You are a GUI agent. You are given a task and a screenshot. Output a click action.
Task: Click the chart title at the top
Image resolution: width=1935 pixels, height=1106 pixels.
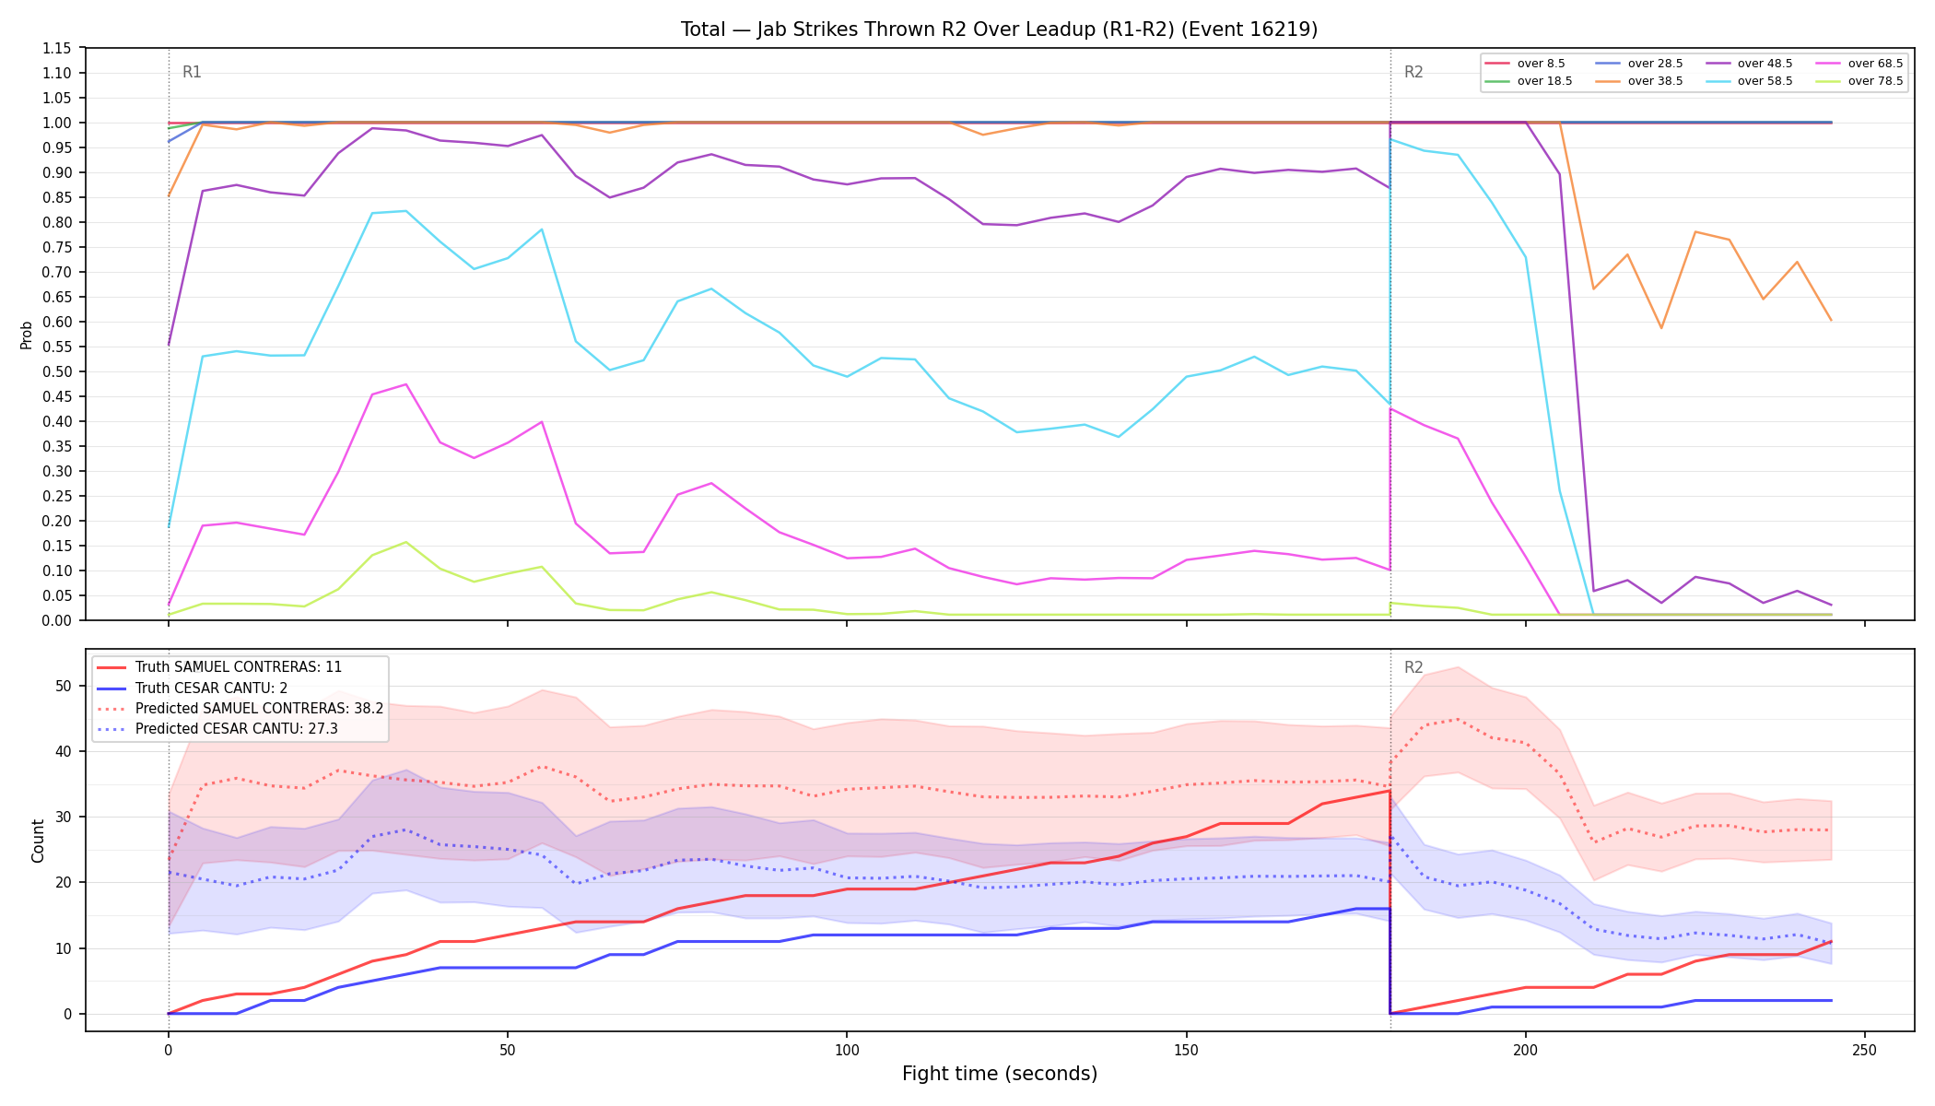(x=999, y=29)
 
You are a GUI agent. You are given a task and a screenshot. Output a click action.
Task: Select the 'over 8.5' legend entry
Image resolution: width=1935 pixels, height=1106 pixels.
(x=1525, y=64)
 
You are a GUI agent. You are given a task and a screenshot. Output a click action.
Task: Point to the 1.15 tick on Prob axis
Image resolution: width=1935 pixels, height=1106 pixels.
(x=57, y=48)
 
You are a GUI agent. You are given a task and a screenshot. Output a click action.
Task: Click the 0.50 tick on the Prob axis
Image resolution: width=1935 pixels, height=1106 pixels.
(x=57, y=371)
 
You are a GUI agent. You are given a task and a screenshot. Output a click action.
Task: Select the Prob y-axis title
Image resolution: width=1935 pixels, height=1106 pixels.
(x=26, y=335)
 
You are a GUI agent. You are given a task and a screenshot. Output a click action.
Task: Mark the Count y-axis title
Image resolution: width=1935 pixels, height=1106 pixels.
(x=38, y=841)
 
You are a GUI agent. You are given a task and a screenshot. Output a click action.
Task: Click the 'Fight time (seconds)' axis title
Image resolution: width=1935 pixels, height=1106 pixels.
(x=1000, y=1074)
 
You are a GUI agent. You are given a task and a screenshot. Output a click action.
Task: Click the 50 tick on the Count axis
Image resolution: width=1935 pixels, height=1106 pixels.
(x=64, y=686)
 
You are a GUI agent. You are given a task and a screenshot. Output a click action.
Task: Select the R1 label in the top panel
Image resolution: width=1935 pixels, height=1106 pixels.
(x=192, y=72)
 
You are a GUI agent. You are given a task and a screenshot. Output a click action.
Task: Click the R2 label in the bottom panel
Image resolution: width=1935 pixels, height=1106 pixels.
(x=1413, y=667)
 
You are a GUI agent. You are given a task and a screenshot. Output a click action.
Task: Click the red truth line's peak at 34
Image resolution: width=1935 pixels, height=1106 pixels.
(x=1390, y=791)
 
